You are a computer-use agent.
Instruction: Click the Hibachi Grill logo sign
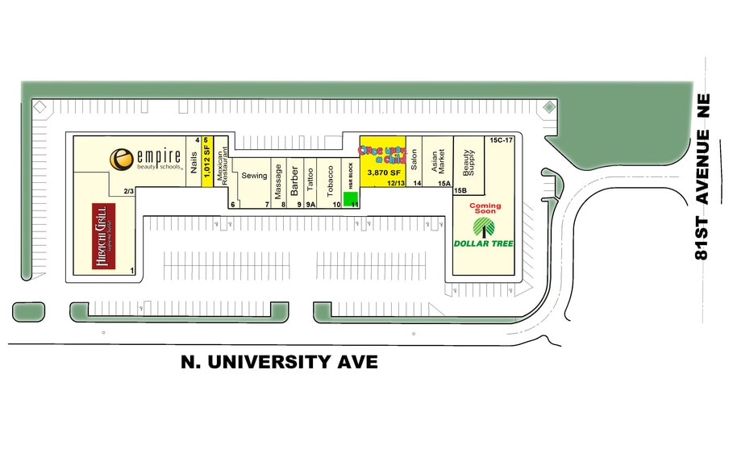pyautogui.click(x=102, y=236)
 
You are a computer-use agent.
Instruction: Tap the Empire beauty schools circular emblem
pyautogui.click(x=122, y=159)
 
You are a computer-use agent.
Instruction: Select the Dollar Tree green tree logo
pyautogui.click(x=484, y=227)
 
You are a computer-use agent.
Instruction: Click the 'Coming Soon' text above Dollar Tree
pyautogui.click(x=485, y=209)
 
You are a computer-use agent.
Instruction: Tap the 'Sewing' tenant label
pyautogui.click(x=254, y=176)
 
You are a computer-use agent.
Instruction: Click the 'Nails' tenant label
pyautogui.click(x=194, y=164)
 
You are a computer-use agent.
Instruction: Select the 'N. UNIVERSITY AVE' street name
pyautogui.click(x=279, y=363)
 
